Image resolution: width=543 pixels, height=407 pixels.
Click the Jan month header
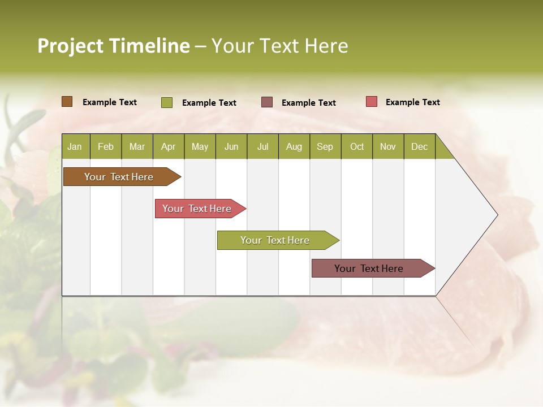click(75, 146)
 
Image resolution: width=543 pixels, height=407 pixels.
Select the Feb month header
click(106, 146)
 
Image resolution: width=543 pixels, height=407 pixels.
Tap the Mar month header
click(137, 146)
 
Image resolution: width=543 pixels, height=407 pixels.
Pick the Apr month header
click(169, 146)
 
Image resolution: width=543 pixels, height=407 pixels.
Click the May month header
click(200, 146)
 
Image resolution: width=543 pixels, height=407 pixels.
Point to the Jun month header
click(231, 146)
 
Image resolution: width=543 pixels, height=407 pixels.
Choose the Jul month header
click(262, 146)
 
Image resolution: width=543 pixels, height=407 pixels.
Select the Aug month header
click(294, 146)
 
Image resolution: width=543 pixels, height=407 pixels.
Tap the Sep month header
click(325, 146)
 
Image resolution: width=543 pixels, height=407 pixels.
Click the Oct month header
click(357, 146)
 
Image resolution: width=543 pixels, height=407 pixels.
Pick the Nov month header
click(388, 146)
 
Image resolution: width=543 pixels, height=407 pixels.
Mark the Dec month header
click(420, 146)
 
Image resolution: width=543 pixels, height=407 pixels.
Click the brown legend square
click(67, 102)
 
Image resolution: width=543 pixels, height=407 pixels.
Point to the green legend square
click(167, 102)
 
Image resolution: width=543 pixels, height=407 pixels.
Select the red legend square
click(372, 102)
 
